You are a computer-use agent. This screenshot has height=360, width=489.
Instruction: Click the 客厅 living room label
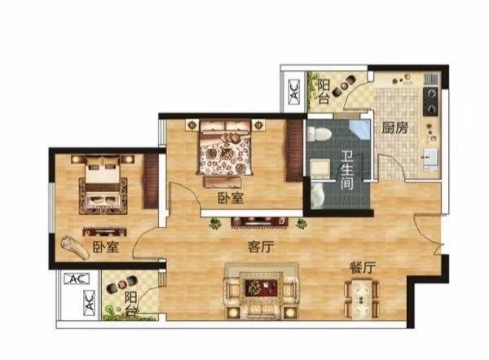pyautogui.click(x=261, y=248)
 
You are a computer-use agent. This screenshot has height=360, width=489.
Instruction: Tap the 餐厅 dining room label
pyautogui.click(x=363, y=268)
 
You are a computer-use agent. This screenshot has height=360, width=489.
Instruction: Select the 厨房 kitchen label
pyautogui.click(x=394, y=128)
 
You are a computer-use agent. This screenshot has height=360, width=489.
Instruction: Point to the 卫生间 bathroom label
pyautogui.click(x=347, y=170)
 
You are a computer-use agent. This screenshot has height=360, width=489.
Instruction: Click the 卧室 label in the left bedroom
pyautogui.click(x=106, y=247)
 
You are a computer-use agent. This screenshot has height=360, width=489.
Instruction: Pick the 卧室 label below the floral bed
pyautogui.click(x=231, y=198)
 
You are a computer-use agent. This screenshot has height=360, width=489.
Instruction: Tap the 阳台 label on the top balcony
pyautogui.click(x=324, y=92)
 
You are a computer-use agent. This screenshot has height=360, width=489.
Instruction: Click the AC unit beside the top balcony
pyautogui.click(x=294, y=91)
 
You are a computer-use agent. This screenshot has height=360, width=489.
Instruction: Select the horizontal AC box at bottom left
pyautogui.click(x=77, y=279)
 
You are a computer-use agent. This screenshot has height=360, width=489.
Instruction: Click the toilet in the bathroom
pyautogui.click(x=319, y=134)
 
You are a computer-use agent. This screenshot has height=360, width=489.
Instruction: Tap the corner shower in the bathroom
pyautogui.click(x=359, y=130)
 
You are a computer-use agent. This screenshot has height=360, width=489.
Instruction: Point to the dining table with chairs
pyautogui.click(x=362, y=299)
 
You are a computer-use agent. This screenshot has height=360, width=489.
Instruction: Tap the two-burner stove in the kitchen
pyautogui.click(x=430, y=101)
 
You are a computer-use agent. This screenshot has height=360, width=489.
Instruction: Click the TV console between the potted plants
pyautogui.click(x=259, y=222)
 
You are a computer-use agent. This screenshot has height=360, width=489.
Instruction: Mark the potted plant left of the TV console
pyautogui.click(x=215, y=223)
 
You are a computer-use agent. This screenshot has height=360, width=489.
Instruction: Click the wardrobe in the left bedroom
pyautogui.click(x=151, y=181)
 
